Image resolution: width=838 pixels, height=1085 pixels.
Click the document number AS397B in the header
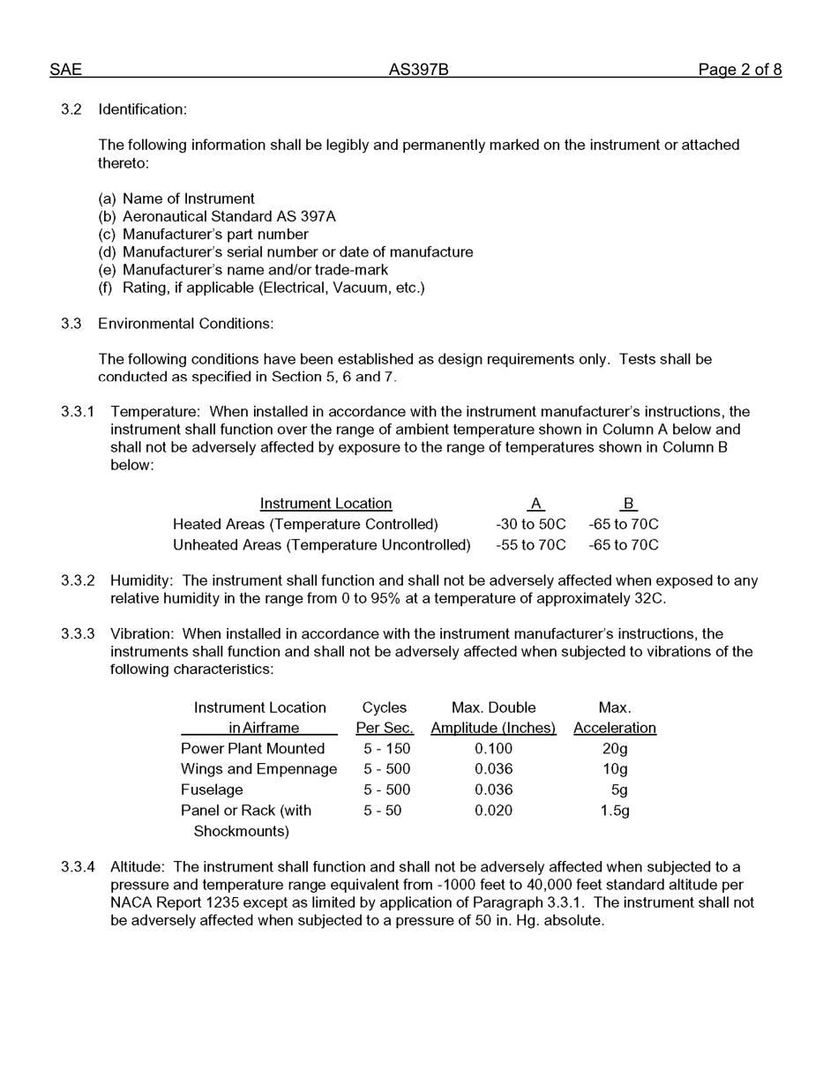click(x=418, y=70)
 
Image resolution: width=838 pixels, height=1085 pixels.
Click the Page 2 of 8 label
click(x=739, y=70)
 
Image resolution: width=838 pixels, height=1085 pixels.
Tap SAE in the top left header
click(x=65, y=70)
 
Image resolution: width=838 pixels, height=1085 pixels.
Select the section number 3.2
click(x=71, y=109)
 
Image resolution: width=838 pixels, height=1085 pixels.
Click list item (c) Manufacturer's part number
click(x=203, y=235)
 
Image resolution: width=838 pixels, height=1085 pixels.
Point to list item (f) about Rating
click(x=261, y=288)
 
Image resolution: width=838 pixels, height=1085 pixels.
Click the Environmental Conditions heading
click(x=185, y=324)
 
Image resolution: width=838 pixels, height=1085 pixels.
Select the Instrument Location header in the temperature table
click(x=325, y=504)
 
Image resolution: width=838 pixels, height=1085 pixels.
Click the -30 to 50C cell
click(x=530, y=525)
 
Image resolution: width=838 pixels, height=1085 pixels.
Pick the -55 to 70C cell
click(x=530, y=545)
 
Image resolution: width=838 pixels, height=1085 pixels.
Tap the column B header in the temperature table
click(x=628, y=504)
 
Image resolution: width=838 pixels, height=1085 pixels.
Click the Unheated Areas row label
click(x=321, y=545)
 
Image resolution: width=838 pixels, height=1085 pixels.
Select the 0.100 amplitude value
click(x=493, y=749)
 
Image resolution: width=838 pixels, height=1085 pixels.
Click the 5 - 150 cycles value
click(x=386, y=749)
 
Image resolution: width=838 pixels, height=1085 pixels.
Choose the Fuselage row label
click(x=212, y=789)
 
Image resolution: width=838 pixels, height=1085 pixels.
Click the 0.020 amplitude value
click(x=493, y=811)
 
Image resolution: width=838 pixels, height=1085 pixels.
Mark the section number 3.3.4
click(x=78, y=867)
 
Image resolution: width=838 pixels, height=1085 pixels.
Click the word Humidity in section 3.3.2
click(x=141, y=581)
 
